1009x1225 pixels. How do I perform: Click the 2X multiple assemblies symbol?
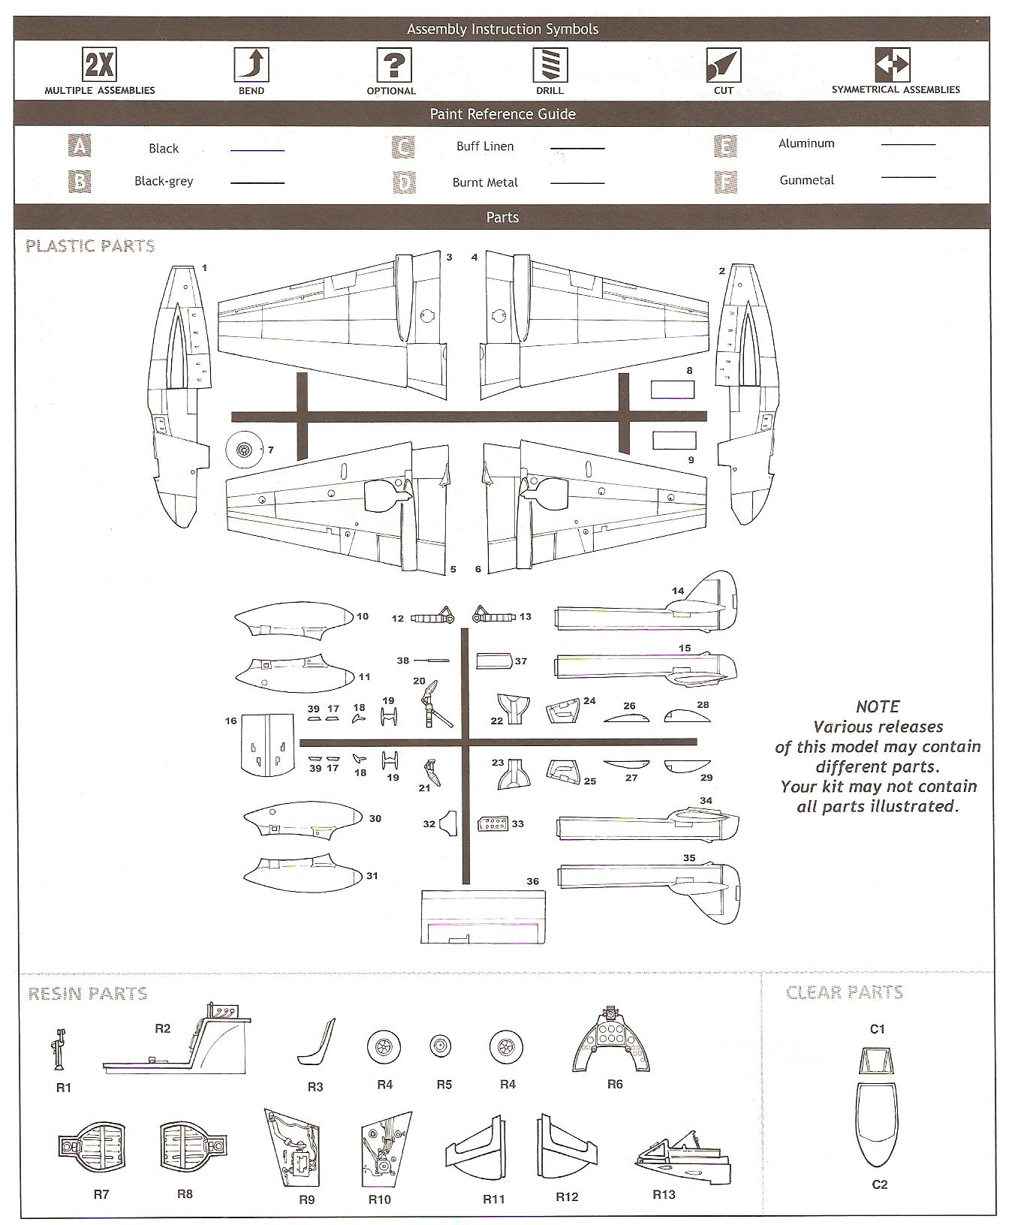99,65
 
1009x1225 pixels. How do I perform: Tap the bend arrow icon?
251,65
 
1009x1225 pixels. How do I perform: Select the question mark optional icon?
393,65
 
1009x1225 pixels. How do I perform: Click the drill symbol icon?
550,65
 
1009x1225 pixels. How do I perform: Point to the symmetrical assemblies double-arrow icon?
892,65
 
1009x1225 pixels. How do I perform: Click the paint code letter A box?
79,146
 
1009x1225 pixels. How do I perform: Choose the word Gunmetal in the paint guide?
806,180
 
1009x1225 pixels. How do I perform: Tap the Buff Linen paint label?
485,146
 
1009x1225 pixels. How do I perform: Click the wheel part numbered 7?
243,450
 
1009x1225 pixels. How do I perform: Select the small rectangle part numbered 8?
672,390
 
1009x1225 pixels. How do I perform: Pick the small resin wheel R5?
441,1046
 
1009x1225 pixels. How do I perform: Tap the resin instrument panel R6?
613,1041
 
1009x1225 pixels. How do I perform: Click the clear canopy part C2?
876,1124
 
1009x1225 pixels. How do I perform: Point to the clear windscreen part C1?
876,1061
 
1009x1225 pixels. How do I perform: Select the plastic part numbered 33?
492,824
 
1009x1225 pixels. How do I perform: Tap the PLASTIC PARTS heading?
90,246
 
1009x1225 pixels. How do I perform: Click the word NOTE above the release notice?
877,706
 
